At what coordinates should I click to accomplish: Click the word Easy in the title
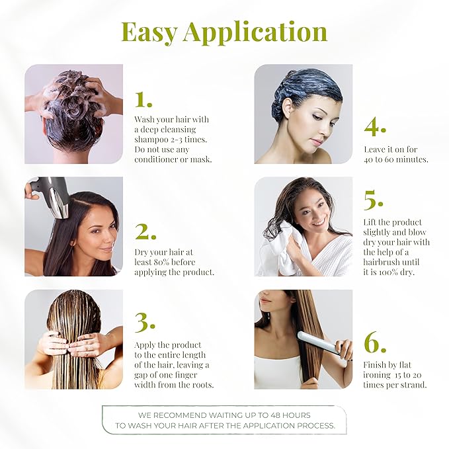click(149, 32)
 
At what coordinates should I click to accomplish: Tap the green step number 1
click(143, 99)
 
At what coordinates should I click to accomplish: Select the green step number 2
click(145, 232)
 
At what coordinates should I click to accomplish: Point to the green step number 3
click(145, 321)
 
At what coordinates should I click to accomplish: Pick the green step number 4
click(375, 126)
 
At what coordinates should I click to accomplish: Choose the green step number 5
click(374, 200)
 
